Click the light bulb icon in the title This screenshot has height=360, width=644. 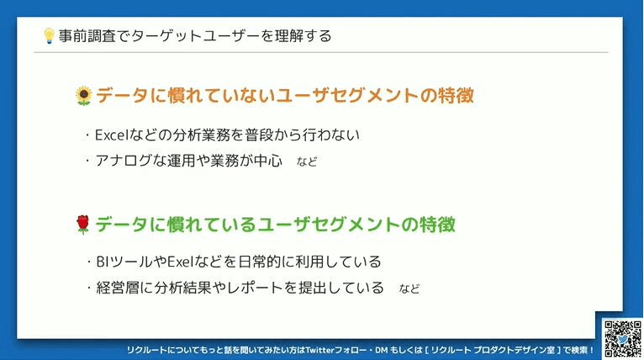point(49,36)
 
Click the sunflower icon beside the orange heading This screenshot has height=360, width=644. point(84,96)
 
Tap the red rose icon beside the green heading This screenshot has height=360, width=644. point(83,225)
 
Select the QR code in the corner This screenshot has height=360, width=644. point(623,339)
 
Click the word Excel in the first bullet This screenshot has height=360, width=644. point(112,135)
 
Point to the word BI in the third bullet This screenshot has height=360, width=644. point(102,262)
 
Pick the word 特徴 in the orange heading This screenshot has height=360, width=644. point(456,95)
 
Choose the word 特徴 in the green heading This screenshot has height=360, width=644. point(437,225)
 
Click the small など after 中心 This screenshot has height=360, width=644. point(307,161)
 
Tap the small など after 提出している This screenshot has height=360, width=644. point(409,289)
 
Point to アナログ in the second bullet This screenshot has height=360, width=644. point(124,161)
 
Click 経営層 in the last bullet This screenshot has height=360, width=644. point(118,288)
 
